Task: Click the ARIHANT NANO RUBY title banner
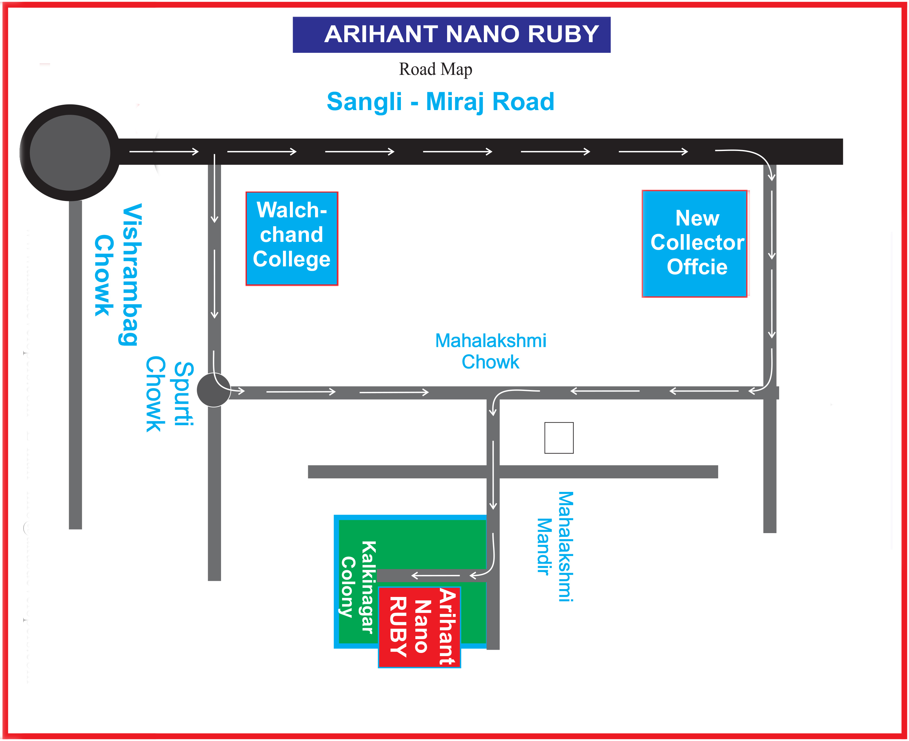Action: pos(452,35)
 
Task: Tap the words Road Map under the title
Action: pos(435,69)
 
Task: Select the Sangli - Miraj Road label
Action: pos(441,102)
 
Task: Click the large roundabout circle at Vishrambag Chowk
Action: pos(70,152)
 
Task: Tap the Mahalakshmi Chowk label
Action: pos(491,351)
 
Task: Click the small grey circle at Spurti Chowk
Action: pos(213,390)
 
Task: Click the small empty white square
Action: pos(559,438)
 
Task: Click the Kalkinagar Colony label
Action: pos(359,587)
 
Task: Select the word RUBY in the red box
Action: pos(398,626)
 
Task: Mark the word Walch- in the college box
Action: pos(292,210)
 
